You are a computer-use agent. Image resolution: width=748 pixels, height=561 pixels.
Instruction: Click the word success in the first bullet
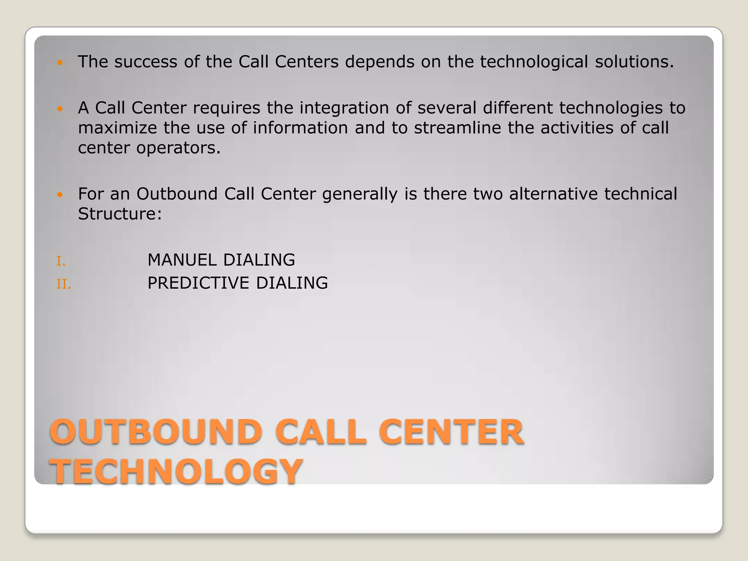146,62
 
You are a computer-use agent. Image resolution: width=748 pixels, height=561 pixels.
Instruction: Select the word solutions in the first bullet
634,62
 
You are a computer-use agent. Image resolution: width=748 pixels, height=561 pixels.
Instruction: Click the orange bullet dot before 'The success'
61,63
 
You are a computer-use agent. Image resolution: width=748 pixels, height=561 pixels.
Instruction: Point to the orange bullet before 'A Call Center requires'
61,109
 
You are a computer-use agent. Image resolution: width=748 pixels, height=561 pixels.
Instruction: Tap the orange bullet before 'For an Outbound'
61,195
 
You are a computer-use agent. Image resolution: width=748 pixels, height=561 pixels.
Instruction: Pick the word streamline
457,128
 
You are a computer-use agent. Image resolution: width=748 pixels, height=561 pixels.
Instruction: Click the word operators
178,148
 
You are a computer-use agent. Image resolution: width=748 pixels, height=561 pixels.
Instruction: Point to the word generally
360,194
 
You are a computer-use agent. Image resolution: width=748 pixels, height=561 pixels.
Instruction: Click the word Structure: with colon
120,214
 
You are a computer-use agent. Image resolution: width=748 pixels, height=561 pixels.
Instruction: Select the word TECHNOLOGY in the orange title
176,472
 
